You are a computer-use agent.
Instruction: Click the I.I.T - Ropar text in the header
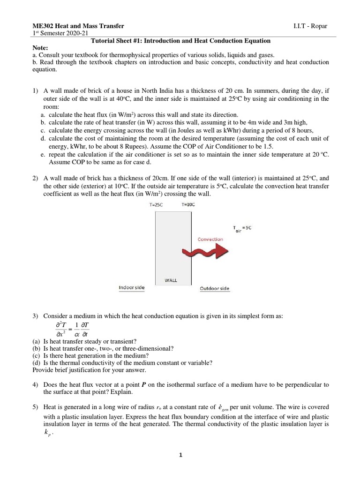coord(309,27)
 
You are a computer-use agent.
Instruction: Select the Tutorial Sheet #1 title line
coord(180,41)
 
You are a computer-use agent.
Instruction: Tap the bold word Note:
coord(40,48)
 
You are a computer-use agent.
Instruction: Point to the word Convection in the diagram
coord(210,239)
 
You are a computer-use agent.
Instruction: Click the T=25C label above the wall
coord(157,205)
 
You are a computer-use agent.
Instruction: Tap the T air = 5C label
coord(242,229)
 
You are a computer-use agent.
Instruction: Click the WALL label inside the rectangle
coord(171,280)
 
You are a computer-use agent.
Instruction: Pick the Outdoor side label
coord(215,288)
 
